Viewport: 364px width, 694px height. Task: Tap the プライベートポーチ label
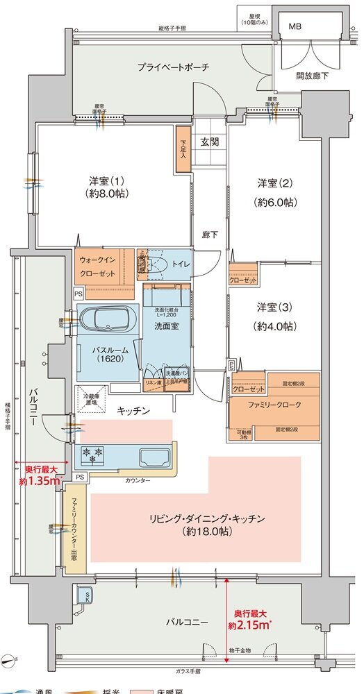(x=173, y=67)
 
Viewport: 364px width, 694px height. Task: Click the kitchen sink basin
(x=157, y=457)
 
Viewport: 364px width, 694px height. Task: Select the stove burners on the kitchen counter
(x=94, y=455)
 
